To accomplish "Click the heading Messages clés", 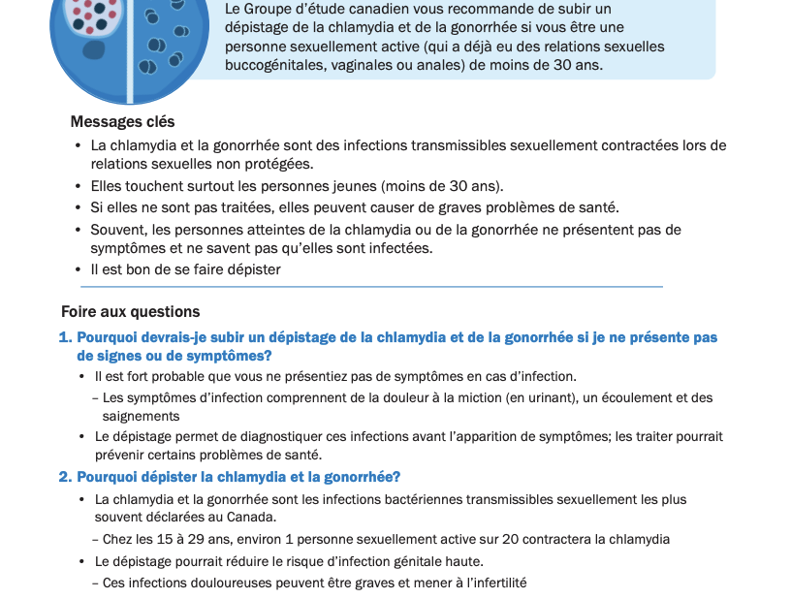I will [122, 122].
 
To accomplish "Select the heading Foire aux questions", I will [130, 312].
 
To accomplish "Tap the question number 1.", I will [65, 337].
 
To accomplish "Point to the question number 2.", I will [65, 477].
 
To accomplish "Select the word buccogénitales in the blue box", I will [274, 65].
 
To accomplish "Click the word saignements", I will [141, 416].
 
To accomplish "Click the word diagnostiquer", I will [264, 437].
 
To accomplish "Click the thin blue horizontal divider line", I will [371, 287].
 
